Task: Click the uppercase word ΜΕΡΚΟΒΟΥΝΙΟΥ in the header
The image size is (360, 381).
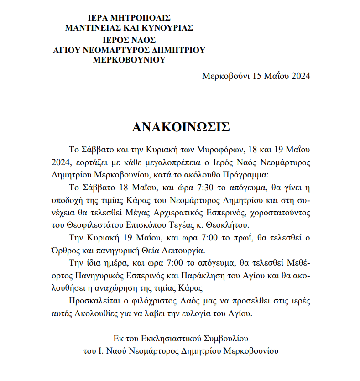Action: [129, 60]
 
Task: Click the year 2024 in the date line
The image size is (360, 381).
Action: [300, 76]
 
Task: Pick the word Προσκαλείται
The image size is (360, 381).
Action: [92, 301]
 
